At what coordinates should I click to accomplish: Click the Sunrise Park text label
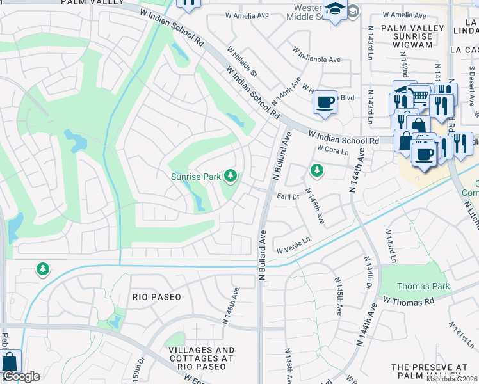[195, 176]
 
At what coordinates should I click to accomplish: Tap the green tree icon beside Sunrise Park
[230, 176]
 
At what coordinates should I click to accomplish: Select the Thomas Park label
[423, 286]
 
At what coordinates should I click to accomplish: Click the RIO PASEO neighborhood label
[157, 297]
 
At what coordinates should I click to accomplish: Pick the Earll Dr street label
[288, 197]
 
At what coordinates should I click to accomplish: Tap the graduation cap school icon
[335, 10]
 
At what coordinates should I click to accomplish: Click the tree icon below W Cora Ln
[316, 170]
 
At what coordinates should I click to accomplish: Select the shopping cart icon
[420, 97]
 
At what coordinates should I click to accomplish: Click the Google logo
[21, 376]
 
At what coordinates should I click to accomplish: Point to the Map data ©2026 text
[451, 379]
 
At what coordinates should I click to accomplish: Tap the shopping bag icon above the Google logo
[11, 362]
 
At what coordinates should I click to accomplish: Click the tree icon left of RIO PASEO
[42, 269]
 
